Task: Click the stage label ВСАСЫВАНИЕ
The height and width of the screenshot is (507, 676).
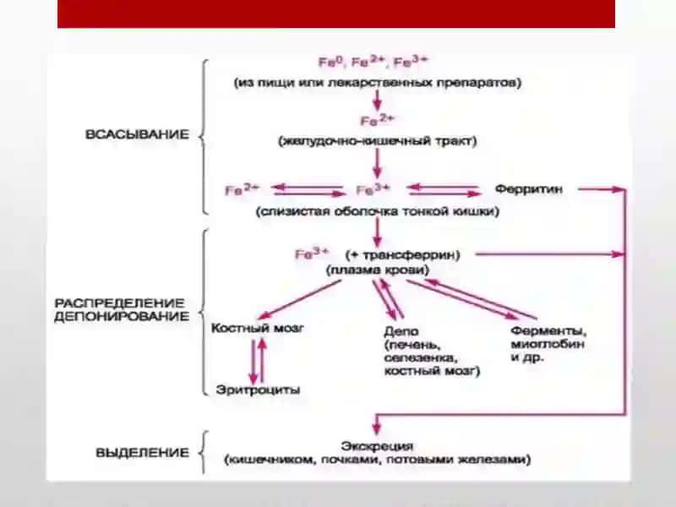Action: click(x=137, y=134)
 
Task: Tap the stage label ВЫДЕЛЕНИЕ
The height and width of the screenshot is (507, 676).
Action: click(x=142, y=453)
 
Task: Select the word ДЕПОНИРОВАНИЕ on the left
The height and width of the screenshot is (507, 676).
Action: click(x=122, y=316)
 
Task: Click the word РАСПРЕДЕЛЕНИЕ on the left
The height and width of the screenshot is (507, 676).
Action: click(x=119, y=303)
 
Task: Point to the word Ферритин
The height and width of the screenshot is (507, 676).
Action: click(x=529, y=189)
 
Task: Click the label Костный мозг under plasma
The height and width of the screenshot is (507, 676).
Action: click(x=258, y=328)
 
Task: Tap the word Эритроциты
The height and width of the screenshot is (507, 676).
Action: click(x=258, y=390)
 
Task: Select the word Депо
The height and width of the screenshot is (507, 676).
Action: click(x=401, y=332)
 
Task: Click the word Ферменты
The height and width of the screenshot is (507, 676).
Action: click(x=548, y=331)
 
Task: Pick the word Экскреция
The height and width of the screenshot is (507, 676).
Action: click(x=377, y=446)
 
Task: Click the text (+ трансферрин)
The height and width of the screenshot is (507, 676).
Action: click(x=403, y=255)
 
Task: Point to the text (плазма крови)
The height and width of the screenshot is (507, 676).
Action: click(x=377, y=270)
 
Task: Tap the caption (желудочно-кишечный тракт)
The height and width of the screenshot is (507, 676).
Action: click(x=378, y=141)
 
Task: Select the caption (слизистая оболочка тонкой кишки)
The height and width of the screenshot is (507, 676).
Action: click(x=378, y=212)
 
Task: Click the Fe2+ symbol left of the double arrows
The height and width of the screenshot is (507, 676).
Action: click(x=243, y=189)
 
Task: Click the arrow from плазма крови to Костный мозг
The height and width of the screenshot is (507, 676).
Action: click(x=300, y=300)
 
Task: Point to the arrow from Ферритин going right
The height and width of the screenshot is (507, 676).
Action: click(x=601, y=188)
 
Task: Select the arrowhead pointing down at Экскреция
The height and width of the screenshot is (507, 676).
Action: click(x=377, y=428)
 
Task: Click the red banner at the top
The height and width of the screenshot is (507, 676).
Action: click(x=336, y=14)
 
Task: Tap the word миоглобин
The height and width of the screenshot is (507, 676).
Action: click(x=547, y=345)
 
